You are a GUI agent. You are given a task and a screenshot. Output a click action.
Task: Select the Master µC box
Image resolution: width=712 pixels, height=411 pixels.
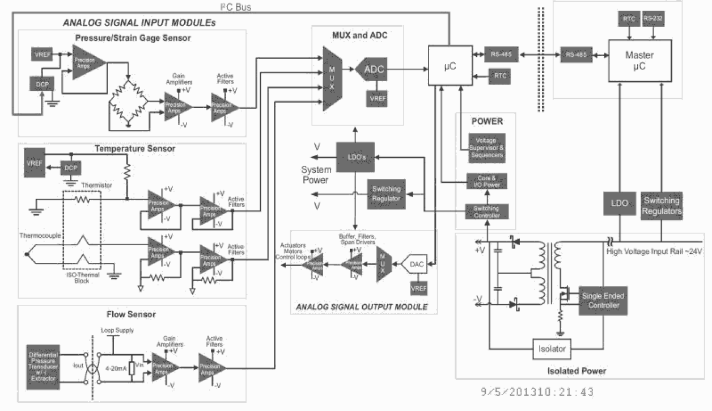[x=639, y=60]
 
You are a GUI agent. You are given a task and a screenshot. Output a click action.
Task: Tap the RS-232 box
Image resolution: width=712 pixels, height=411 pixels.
[x=654, y=19]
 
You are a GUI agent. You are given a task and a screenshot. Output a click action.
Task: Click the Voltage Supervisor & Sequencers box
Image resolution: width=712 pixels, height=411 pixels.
[x=485, y=147]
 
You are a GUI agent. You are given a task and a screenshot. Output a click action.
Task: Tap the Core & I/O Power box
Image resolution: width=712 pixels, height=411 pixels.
[x=485, y=181]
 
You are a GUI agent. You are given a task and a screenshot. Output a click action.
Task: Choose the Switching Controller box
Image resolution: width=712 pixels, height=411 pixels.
[x=485, y=212]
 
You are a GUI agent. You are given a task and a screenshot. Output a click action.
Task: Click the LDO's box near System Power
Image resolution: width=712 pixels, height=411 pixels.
[x=355, y=157]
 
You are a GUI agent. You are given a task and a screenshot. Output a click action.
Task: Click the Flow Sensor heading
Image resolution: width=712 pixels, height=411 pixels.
[x=131, y=314]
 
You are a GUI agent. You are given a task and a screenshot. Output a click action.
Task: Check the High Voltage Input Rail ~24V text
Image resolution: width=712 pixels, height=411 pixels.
[x=655, y=250]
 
